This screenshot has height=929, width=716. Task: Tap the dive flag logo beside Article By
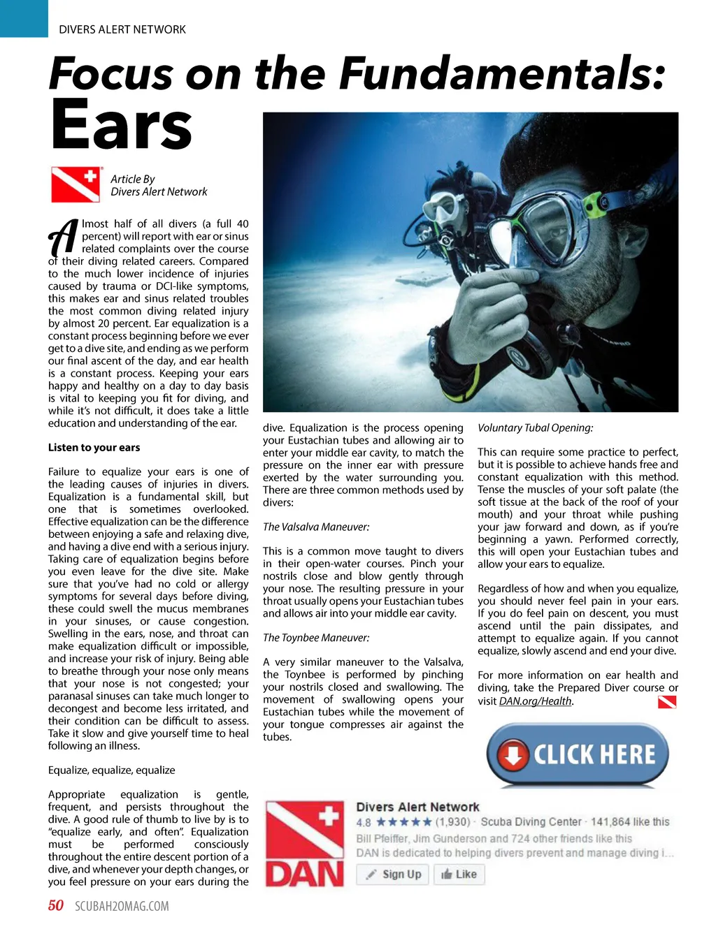pos(76,184)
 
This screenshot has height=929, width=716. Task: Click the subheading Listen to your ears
pos(94,448)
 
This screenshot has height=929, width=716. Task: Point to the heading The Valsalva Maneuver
pos(316,527)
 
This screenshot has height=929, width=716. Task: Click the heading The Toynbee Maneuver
pos(316,638)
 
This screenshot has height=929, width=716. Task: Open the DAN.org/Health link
pos(535,701)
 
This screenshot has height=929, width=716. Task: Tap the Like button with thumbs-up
pos(459,874)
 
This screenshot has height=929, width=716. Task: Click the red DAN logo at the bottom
pos(305,844)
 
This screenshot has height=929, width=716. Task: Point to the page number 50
pos(56,906)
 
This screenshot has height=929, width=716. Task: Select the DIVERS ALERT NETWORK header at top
pos(122,29)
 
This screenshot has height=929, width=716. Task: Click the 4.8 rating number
pos(364,822)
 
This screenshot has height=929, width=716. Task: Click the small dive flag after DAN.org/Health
pos(667,702)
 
